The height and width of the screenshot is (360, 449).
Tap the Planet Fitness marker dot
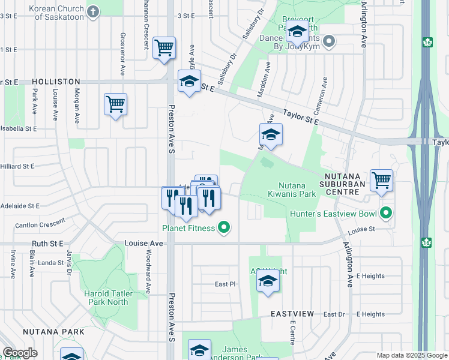click(x=224, y=227)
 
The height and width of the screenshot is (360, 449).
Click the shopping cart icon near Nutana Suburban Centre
click(x=381, y=179)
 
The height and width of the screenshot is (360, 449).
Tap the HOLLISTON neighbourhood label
click(x=40, y=81)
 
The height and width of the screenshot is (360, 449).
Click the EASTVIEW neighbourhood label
click(x=292, y=314)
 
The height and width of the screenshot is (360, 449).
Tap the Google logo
click(x=20, y=353)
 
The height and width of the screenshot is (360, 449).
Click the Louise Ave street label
click(x=143, y=244)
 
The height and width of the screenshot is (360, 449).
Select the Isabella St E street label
click(x=19, y=128)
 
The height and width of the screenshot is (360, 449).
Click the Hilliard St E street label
click(x=17, y=166)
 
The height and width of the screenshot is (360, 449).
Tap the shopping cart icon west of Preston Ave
click(x=115, y=104)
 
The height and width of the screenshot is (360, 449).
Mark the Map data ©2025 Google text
click(x=411, y=355)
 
